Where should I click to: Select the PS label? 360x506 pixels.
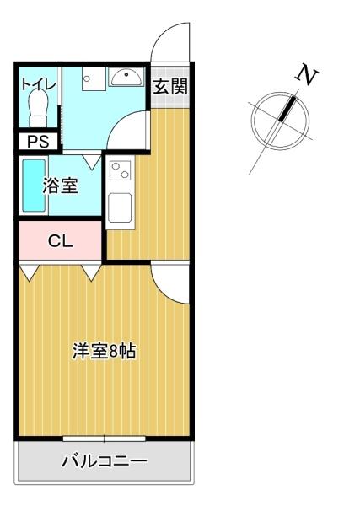point(38,142)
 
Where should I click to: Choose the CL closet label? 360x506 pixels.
point(59,241)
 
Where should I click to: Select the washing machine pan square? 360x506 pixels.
point(91,79)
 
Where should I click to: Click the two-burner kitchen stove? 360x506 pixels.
point(119,171)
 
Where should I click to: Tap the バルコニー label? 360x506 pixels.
point(105,461)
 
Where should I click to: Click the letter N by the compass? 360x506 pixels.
point(307,76)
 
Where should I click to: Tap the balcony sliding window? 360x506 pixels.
point(105,439)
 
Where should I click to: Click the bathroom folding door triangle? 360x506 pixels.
point(91,158)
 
